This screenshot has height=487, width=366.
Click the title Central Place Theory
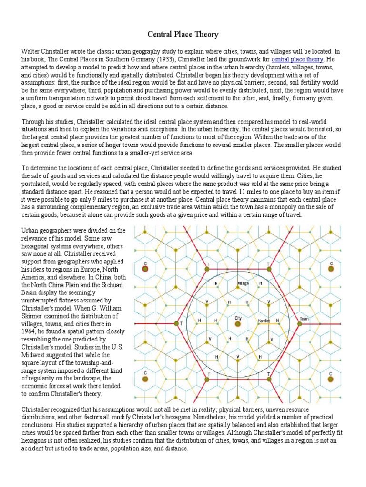pyautogui.click(x=183, y=34)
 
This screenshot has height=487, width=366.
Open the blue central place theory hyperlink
pyautogui.click(x=297, y=59)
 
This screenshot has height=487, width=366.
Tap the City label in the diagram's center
pyautogui.click(x=238, y=317)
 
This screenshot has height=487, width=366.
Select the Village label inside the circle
pyautogui.click(x=243, y=283)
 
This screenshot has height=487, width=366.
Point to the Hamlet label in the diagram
pyautogui.click(x=264, y=321)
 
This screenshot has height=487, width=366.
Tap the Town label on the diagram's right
pyautogui.click(x=305, y=319)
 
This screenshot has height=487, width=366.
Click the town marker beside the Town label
pyautogui.click(x=300, y=324)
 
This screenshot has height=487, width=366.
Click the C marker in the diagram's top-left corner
pyautogui.click(x=146, y=269)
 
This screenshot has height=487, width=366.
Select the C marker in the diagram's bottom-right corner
pyautogui.click(x=331, y=379)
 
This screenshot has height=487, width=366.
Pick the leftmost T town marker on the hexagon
pyautogui.click(x=176, y=324)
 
